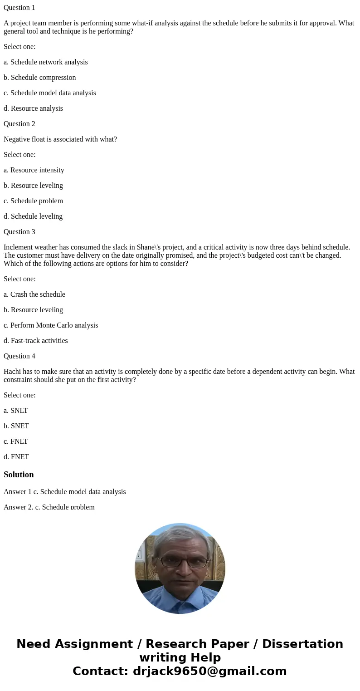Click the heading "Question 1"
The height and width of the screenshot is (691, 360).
(19, 8)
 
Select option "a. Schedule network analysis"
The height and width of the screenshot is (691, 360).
(45, 62)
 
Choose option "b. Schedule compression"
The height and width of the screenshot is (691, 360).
(39, 78)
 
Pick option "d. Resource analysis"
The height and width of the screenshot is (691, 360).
(33, 108)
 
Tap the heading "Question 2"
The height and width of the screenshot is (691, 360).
(19, 124)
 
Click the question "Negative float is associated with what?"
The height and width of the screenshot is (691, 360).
(60, 139)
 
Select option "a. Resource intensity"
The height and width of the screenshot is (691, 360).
(34, 170)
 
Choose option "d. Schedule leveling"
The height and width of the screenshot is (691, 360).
(33, 216)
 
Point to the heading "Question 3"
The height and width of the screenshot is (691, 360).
(19, 232)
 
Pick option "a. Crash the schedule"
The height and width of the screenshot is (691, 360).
(34, 294)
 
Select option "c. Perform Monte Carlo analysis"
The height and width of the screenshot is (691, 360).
(51, 325)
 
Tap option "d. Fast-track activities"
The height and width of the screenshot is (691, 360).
(36, 341)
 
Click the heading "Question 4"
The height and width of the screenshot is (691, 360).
(19, 356)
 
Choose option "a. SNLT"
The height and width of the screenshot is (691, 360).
(15, 411)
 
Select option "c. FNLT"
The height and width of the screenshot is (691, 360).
(15, 441)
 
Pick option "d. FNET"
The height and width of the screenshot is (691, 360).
(16, 457)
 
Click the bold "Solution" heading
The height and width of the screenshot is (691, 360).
(19, 475)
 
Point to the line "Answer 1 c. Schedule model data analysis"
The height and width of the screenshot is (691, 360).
(65, 492)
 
